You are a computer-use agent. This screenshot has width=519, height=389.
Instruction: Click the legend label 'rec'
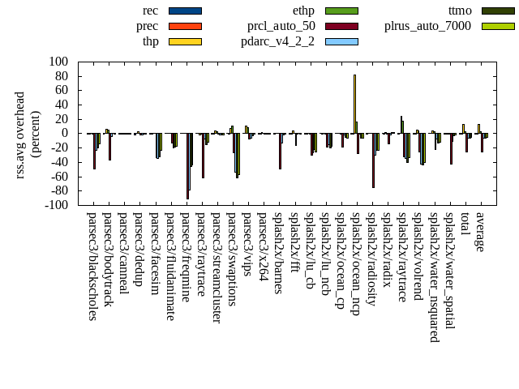tap(150, 11)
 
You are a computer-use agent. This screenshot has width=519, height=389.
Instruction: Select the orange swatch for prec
tap(185, 26)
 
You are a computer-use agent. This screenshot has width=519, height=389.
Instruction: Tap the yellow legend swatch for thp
tap(185, 41)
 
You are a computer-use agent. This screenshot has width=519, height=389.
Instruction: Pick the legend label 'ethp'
tap(303, 11)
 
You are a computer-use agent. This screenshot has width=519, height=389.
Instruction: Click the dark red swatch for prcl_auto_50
tap(341, 26)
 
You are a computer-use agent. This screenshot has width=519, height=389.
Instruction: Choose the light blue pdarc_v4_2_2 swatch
tap(341, 41)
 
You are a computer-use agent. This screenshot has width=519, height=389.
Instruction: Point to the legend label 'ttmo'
tap(460, 11)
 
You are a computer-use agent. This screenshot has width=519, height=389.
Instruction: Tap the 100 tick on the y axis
tap(58, 62)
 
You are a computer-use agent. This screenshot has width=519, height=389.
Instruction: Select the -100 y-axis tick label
tap(55, 206)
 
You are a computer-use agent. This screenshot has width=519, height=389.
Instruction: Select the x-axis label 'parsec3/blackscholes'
tap(92, 266)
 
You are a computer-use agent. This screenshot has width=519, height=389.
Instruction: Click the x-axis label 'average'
tap(480, 232)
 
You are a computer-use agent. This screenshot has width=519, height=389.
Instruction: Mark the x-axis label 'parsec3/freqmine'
tap(186, 257)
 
